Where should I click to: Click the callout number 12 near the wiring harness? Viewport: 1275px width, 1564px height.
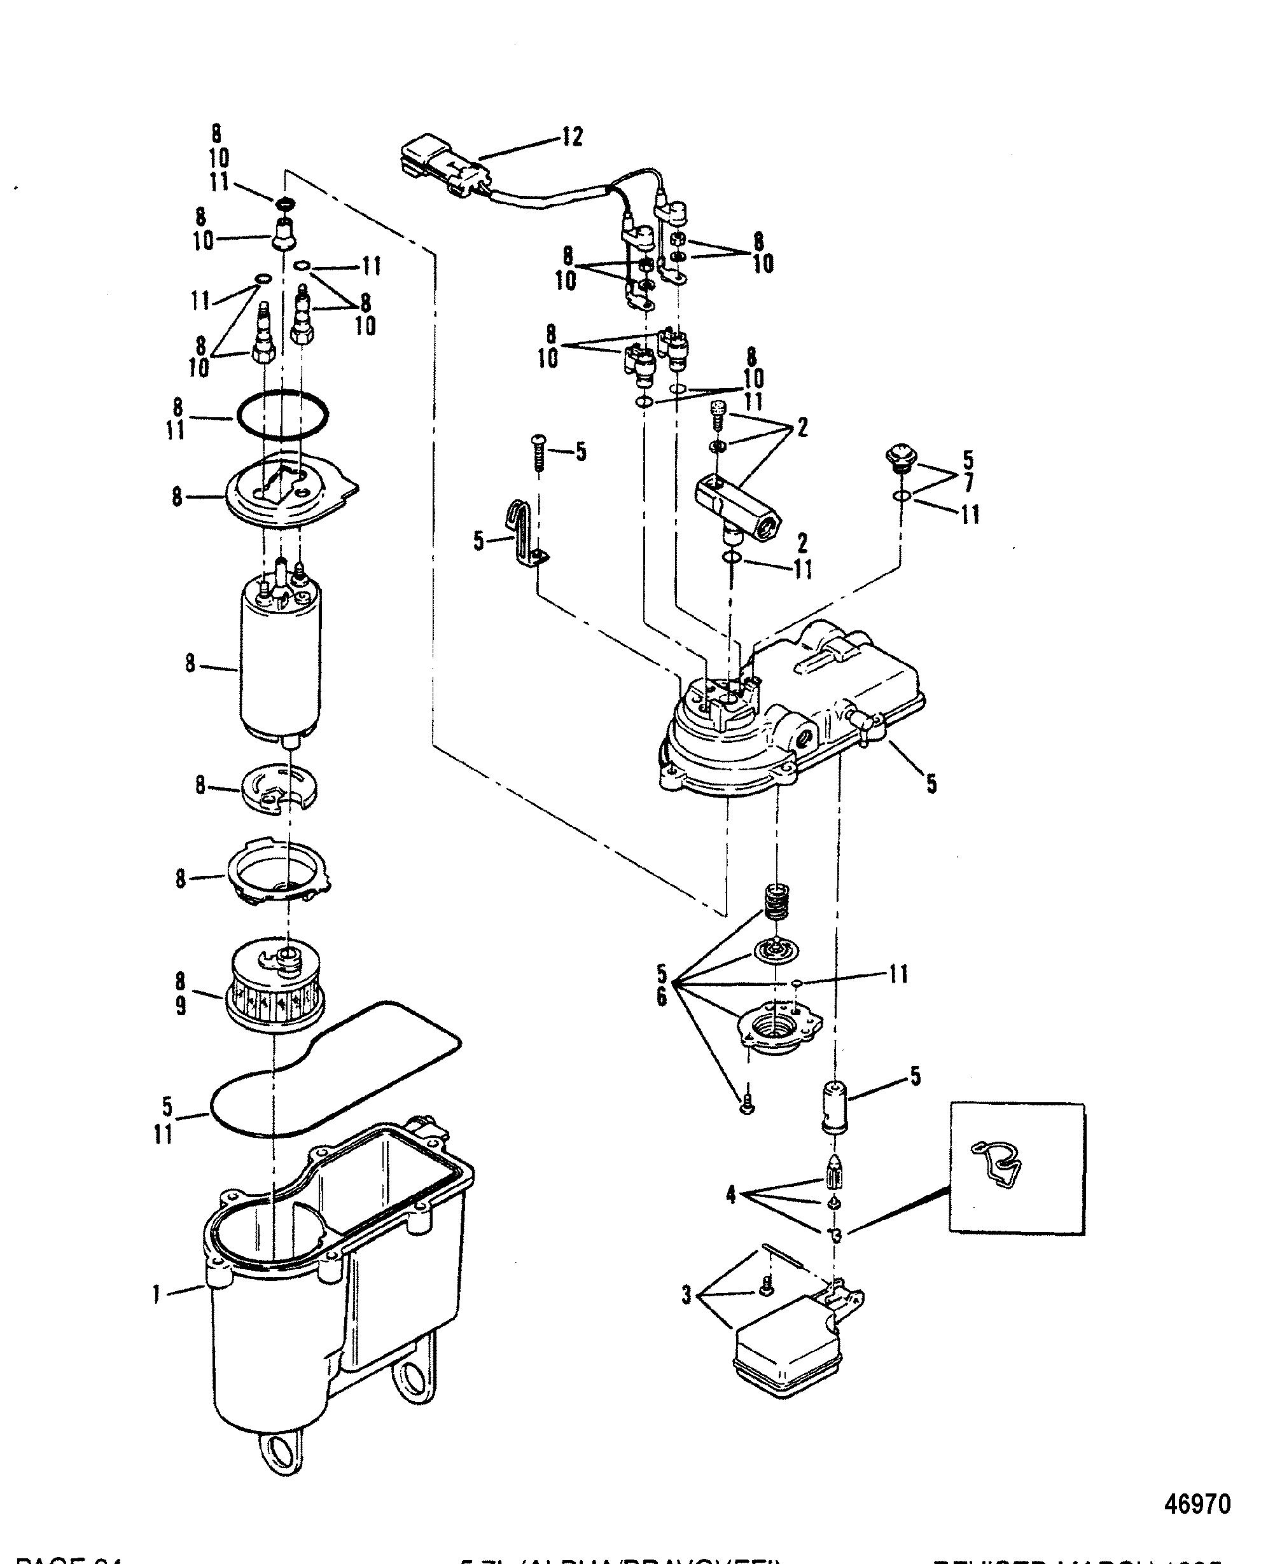click(571, 137)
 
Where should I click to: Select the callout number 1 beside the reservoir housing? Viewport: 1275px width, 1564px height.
click(157, 1293)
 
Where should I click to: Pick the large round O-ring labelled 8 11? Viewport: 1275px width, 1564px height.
click(281, 415)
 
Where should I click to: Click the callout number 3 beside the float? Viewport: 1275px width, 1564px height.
click(686, 1296)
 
